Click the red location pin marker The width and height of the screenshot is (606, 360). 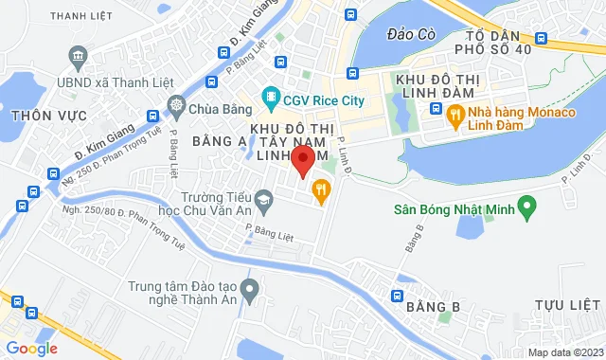[x=302, y=160]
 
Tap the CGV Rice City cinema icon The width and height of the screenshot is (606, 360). [x=271, y=98]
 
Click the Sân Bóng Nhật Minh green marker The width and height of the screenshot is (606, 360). [x=528, y=205]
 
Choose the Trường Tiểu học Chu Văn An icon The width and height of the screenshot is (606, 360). [x=264, y=197]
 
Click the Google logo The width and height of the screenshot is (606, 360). [x=30, y=348]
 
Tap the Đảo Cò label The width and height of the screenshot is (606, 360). [x=411, y=34]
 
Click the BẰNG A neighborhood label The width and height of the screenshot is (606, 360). [x=219, y=140]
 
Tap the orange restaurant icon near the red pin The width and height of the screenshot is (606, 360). [x=322, y=190]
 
